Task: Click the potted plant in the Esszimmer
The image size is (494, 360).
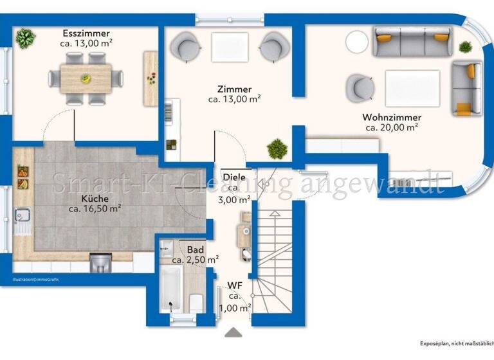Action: (25, 39)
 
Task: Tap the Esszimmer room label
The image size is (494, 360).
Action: (86, 33)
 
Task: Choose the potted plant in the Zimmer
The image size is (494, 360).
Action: (277, 148)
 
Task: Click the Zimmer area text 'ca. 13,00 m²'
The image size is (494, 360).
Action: (234, 99)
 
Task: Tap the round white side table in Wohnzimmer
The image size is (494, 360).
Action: (357, 42)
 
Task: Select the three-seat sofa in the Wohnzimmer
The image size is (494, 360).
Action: (411, 42)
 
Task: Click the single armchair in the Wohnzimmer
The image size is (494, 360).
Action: (360, 87)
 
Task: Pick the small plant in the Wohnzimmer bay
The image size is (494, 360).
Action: (465, 46)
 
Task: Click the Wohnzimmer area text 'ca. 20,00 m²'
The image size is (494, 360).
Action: (392, 127)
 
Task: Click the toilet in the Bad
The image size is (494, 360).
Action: (197, 301)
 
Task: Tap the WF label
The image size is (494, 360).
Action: (234, 285)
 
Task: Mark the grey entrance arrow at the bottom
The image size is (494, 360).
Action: (234, 332)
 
